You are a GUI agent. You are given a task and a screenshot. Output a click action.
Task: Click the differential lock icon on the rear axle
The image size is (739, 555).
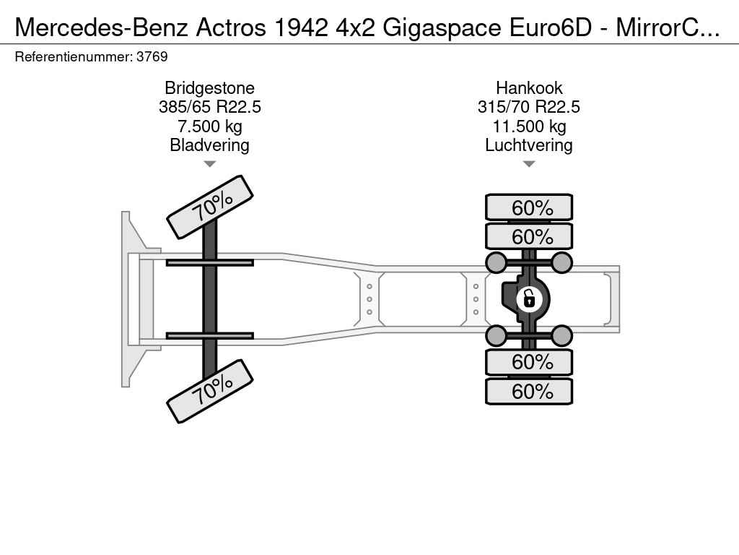529,299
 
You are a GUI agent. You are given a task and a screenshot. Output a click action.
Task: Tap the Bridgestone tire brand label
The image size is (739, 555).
210,88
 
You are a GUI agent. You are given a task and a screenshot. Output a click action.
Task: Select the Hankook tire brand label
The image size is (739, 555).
529,88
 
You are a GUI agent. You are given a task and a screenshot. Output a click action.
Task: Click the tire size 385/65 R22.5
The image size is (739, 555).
210,107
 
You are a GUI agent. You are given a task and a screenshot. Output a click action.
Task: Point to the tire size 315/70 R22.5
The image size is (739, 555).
529,107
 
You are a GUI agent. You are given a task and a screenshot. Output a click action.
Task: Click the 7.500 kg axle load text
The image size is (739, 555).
210,126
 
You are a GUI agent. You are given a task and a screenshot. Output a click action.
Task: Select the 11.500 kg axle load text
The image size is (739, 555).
529,126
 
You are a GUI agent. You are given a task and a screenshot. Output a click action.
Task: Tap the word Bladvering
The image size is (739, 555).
210,145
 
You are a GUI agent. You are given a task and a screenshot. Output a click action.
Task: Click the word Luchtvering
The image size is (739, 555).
529,145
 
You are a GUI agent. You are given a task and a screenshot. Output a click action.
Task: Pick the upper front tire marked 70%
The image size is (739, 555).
210,207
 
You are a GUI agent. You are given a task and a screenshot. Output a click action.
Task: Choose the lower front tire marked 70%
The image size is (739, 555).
210,391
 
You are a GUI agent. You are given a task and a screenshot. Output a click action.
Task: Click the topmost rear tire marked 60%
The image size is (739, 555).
529,207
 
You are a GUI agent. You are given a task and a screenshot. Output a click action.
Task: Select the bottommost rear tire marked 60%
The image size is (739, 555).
529,391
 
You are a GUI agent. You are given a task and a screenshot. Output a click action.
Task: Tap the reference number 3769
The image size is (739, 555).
152,57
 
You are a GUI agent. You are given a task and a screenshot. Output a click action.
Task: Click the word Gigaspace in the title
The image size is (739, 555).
442,28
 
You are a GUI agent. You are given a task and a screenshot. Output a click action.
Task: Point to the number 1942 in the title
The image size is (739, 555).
301,28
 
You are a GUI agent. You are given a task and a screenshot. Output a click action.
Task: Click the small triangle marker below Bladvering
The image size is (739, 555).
210,164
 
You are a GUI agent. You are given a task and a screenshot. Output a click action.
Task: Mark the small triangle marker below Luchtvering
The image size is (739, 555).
529,164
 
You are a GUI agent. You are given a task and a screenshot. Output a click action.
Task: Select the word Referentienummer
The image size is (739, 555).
73,57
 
